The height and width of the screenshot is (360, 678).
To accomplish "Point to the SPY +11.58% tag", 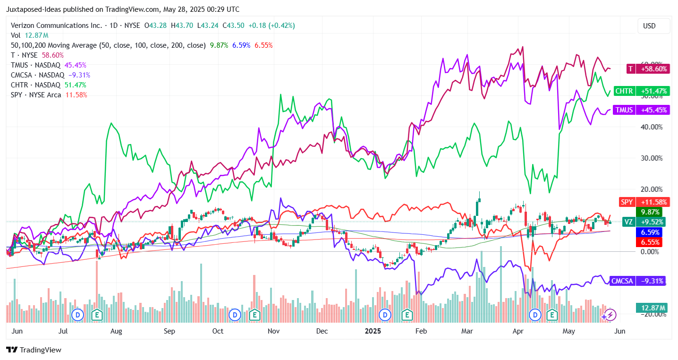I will click(x=644, y=202).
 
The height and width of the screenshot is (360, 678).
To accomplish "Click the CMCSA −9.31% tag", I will click(x=637, y=281).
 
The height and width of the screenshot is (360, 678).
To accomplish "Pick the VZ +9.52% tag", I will click(x=643, y=222).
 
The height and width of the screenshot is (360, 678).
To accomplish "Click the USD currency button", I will click(x=649, y=26).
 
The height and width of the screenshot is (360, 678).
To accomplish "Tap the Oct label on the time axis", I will click(x=218, y=331).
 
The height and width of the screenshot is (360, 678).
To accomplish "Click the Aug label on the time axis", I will click(x=116, y=331).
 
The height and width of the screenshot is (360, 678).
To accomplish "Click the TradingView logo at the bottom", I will click(x=34, y=350).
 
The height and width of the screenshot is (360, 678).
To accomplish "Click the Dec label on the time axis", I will click(x=322, y=331).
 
